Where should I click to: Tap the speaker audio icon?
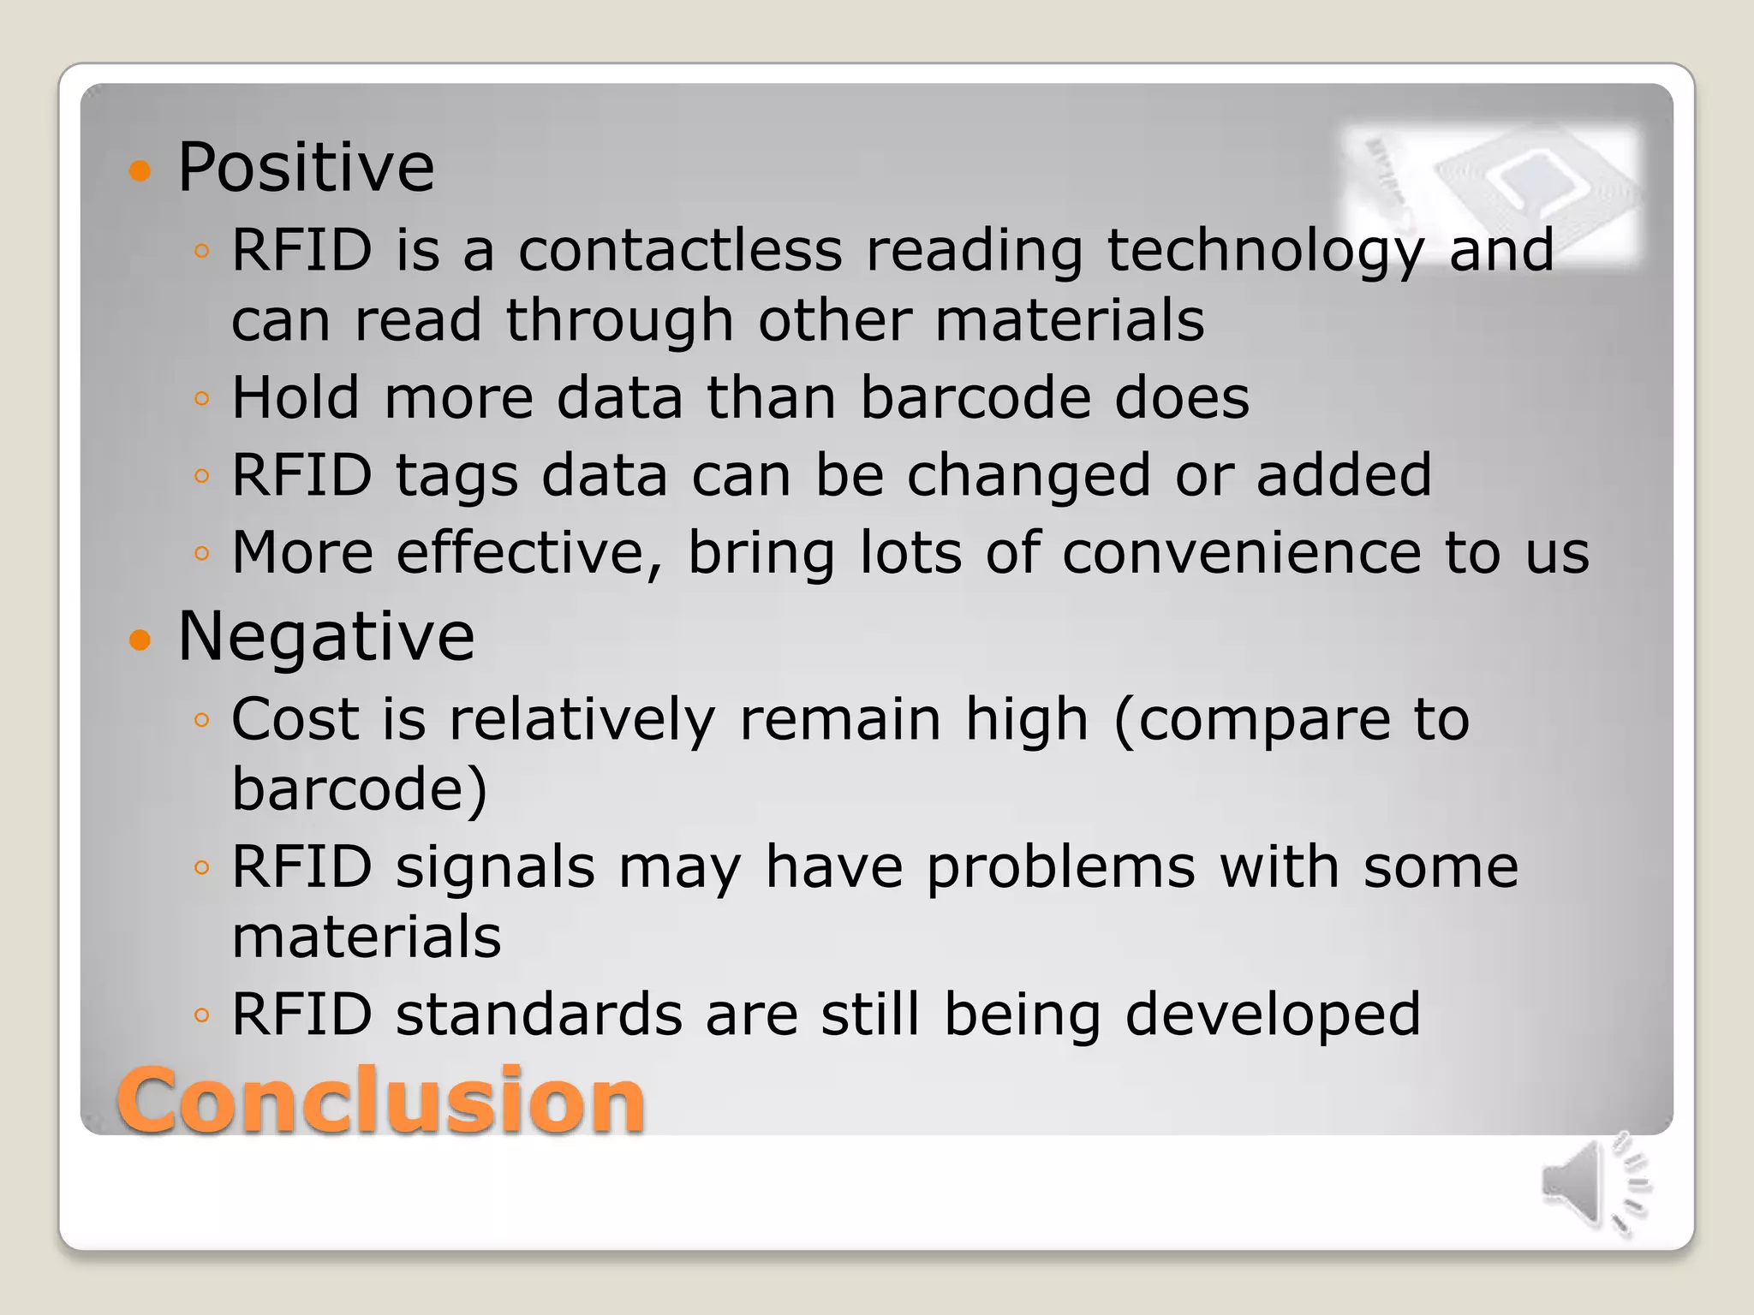[x=1595, y=1187]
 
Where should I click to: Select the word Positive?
[x=306, y=167]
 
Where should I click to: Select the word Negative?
[x=325, y=636]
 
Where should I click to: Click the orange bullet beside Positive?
[x=140, y=171]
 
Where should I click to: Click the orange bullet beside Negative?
[x=140, y=640]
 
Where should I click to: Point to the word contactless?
[x=680, y=250]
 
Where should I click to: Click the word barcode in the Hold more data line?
[x=975, y=397]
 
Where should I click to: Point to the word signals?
[x=495, y=868]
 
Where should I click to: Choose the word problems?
[x=1061, y=868]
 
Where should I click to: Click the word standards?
[x=540, y=1014]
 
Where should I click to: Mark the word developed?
[x=1273, y=1015]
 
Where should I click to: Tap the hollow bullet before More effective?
[x=202, y=554]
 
